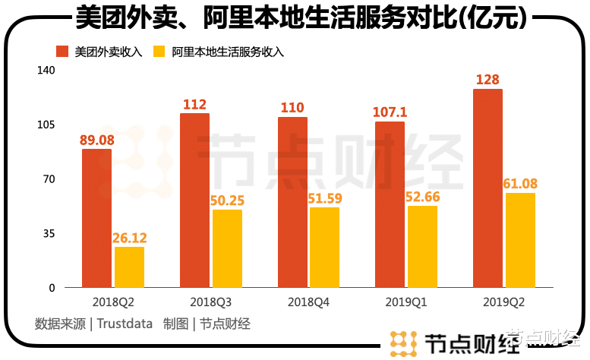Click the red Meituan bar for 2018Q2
96,219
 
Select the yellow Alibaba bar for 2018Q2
129,267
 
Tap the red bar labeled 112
194,201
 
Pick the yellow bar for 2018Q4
324,248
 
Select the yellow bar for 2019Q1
422,247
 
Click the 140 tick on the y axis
46,70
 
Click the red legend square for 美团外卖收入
62,52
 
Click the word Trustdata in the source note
125,324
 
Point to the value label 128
488,80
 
